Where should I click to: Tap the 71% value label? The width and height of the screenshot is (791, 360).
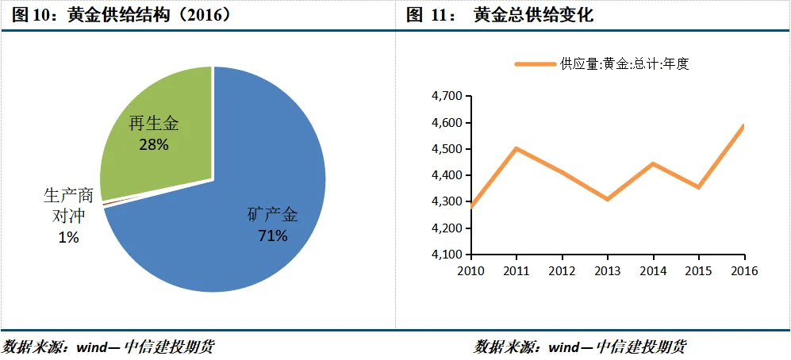click(x=271, y=236)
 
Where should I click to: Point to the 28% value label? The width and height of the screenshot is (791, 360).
click(x=153, y=144)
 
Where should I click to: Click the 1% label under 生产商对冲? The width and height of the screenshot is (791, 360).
click(x=68, y=237)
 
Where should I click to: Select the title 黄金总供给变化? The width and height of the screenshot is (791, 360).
click(x=533, y=14)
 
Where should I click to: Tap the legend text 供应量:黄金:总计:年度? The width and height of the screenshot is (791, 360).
click(x=624, y=64)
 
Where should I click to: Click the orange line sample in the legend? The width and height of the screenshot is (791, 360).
click(x=535, y=64)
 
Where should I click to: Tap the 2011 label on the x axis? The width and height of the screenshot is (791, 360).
click(x=516, y=270)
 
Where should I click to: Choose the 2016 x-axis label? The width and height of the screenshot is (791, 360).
click(x=743, y=270)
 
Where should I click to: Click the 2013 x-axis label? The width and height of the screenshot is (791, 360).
click(x=607, y=270)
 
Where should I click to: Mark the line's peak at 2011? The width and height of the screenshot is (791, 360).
click(x=516, y=148)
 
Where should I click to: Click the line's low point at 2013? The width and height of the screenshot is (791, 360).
click(x=607, y=199)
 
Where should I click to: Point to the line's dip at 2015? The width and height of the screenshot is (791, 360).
click(x=698, y=187)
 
